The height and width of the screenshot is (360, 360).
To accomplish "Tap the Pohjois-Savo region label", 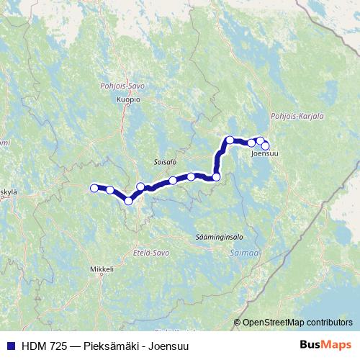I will point(124,86).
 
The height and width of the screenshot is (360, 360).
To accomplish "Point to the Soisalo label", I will point(165,163).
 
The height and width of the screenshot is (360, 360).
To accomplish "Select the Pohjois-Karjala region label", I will point(297,115).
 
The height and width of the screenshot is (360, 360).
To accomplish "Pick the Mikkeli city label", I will point(102,269).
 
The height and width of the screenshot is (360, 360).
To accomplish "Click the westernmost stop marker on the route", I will point(94,188).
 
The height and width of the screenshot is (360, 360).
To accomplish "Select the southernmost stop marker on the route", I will point(129,201).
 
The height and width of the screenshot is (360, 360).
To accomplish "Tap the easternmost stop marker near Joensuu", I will point(265,146).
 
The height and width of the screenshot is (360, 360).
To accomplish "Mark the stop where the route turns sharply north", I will point(216,176).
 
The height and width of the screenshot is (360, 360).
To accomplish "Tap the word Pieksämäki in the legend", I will point(107,346).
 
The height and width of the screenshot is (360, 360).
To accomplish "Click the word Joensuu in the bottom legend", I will point(168,346).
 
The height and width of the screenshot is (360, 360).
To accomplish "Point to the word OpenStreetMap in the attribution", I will point(273,323).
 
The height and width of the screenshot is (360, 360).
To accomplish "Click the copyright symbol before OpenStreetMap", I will point(237,323).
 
